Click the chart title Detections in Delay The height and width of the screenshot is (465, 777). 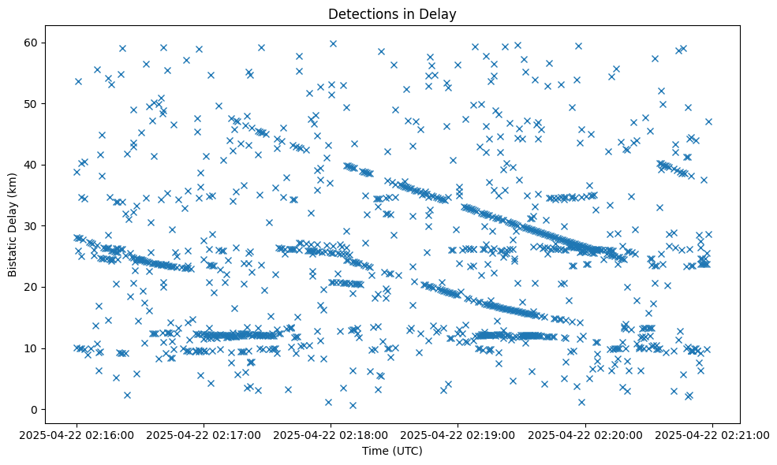[392, 13]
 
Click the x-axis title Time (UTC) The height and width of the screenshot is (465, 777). [392, 451]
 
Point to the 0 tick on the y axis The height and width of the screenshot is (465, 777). [35, 409]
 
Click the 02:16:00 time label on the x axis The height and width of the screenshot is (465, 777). [77, 434]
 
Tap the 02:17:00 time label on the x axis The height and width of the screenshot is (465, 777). [204, 434]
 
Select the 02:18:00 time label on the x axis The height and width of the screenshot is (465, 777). [331, 434]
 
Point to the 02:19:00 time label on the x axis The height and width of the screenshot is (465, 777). [458, 434]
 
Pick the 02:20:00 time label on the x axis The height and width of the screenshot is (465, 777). [585, 434]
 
